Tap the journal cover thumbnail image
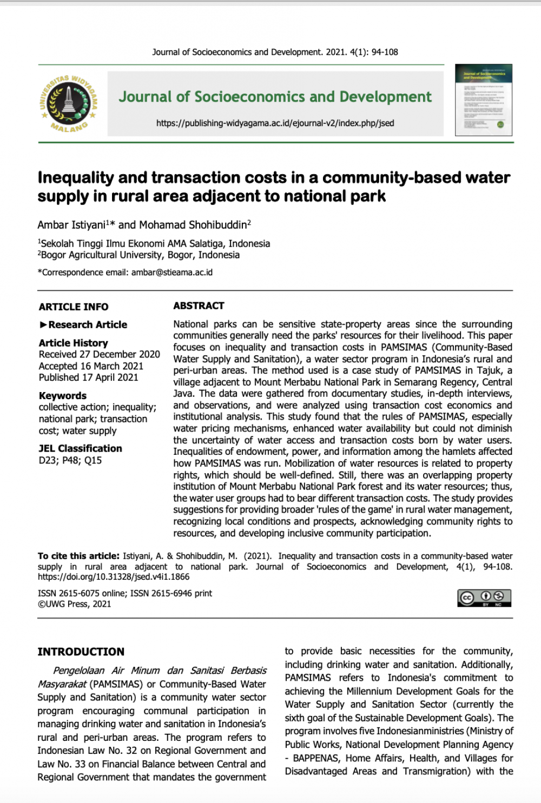pos(484,100)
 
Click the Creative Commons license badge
pos(484,598)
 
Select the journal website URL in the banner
pos(275,123)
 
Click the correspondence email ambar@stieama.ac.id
pos(172,273)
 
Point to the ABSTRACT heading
pos(199,306)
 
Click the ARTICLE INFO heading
pos(74,307)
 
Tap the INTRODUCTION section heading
pos(81,652)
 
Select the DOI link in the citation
pos(114,577)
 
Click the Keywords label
pos(63,396)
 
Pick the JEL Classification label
pos(81,448)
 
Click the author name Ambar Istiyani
pos(72,225)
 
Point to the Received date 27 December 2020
pos(100,355)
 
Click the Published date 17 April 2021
pos(89,377)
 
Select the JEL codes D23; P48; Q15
pos(70,461)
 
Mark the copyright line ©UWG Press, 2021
pos(75,604)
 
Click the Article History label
pos(74,343)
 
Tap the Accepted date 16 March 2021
pos(91,366)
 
